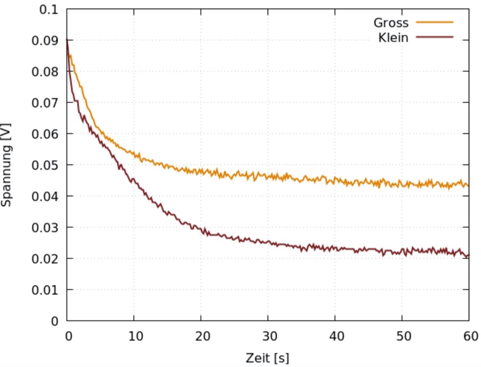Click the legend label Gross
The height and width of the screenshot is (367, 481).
[391, 22]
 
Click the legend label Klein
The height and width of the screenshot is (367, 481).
[393, 38]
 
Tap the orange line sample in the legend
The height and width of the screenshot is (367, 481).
[434, 22]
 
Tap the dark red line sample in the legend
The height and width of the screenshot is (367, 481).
[434, 37]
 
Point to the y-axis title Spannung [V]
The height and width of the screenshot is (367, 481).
[6, 165]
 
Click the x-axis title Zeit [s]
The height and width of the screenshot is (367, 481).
[267, 358]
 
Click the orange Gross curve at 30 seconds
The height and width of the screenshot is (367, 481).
[268, 176]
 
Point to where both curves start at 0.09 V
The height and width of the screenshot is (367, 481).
[67, 40]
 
